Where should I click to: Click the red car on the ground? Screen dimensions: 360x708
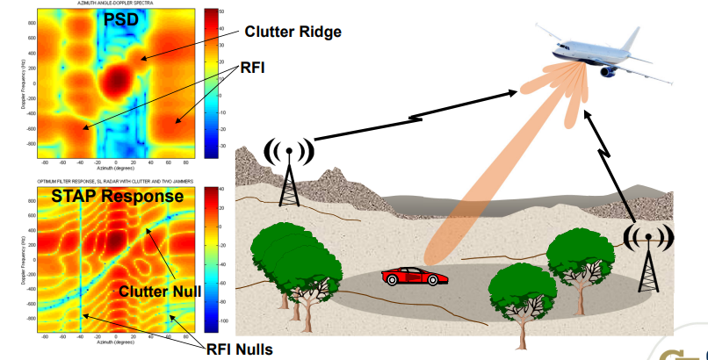click(x=415, y=277)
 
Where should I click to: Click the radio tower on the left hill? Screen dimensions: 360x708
click(x=289, y=172)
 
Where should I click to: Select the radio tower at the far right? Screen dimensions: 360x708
click(x=647, y=255)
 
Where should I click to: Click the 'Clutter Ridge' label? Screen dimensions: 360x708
click(x=293, y=32)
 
